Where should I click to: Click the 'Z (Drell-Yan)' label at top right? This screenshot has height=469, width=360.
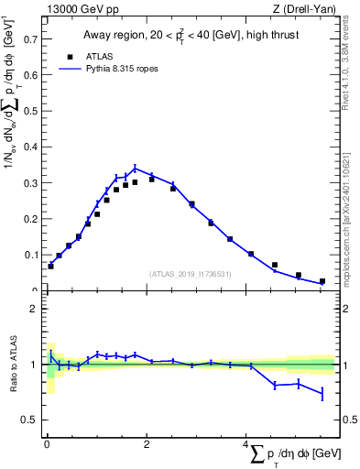[307, 9]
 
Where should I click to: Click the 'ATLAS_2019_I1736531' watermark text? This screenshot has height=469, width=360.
[188, 274]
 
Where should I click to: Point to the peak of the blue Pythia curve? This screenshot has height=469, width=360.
[136, 168]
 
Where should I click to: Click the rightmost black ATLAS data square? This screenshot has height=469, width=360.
[322, 281]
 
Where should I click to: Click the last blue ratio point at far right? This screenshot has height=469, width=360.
[322, 393]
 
